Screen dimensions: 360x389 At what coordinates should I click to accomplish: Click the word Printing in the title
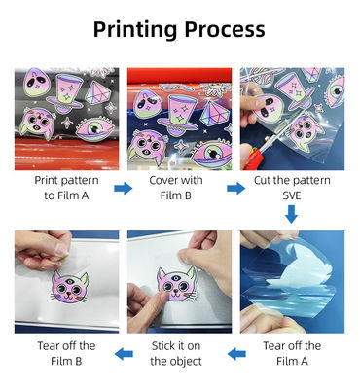point(135,30)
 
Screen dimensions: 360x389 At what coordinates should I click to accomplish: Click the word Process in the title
point(225,29)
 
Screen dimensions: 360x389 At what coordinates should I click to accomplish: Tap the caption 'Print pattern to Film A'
point(66,188)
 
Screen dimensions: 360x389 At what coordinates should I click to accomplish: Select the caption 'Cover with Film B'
point(176,188)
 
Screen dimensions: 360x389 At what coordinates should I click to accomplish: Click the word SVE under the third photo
point(292,195)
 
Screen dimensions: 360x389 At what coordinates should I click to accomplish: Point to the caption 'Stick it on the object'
point(176,353)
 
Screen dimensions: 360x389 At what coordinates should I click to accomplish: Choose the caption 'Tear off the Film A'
point(292,353)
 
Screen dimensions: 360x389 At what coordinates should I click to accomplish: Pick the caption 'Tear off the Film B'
point(66,353)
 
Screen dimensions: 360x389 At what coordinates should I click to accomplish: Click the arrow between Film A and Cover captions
point(124,188)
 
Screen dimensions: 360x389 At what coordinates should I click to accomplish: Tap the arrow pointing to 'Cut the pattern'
point(236,188)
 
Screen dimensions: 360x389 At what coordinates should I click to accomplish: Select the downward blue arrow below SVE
point(291,214)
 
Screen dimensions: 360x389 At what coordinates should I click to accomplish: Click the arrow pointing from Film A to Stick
point(236,354)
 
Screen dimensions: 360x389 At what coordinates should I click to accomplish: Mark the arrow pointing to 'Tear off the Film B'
point(124,354)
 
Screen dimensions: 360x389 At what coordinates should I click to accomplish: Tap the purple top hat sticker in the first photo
point(65,93)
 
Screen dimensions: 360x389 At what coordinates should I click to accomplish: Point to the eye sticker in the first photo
point(94,129)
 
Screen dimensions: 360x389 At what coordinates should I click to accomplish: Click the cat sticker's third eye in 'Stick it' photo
point(175,276)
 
